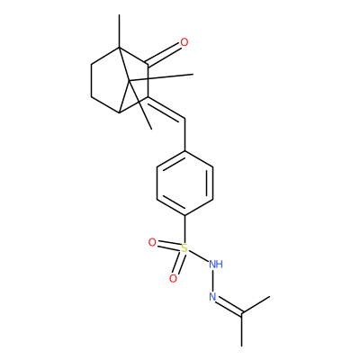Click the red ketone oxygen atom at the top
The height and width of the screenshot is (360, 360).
pyautogui.click(x=184, y=42)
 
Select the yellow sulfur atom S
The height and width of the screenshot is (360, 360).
pyautogui.click(x=184, y=248)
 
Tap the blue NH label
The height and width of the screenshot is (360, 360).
pyautogui.click(x=216, y=265)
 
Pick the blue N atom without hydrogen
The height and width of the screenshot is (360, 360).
pyautogui.click(x=212, y=297)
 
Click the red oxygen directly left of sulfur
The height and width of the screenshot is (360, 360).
pyautogui.click(x=152, y=242)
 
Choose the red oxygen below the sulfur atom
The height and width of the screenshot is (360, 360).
pyautogui.click(x=173, y=279)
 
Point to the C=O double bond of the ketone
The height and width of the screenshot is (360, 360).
pyautogui.click(x=164, y=55)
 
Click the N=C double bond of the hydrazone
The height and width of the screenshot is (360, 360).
pyautogui.click(x=229, y=306)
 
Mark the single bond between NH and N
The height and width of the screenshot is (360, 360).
pyautogui.click(x=212, y=281)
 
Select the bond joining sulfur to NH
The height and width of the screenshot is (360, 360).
pyautogui.click(x=198, y=256)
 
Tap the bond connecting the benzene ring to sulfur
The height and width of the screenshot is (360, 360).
pyautogui.click(x=184, y=229)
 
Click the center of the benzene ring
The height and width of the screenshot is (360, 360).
pyautogui.click(x=184, y=183)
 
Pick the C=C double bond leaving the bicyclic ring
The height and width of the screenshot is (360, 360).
pyautogui.click(x=166, y=109)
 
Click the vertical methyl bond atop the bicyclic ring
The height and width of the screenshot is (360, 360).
pyautogui.click(x=119, y=31)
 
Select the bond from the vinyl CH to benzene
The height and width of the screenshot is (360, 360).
pyautogui.click(x=184, y=135)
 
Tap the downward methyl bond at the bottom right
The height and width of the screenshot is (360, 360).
pyautogui.click(x=242, y=329)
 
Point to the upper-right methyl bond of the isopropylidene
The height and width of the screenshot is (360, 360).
pyautogui.click(x=256, y=305)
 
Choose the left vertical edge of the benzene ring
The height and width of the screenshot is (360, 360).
pyautogui.click(x=157, y=183)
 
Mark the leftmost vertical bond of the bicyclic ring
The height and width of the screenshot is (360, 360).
pyautogui.click(x=91, y=80)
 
